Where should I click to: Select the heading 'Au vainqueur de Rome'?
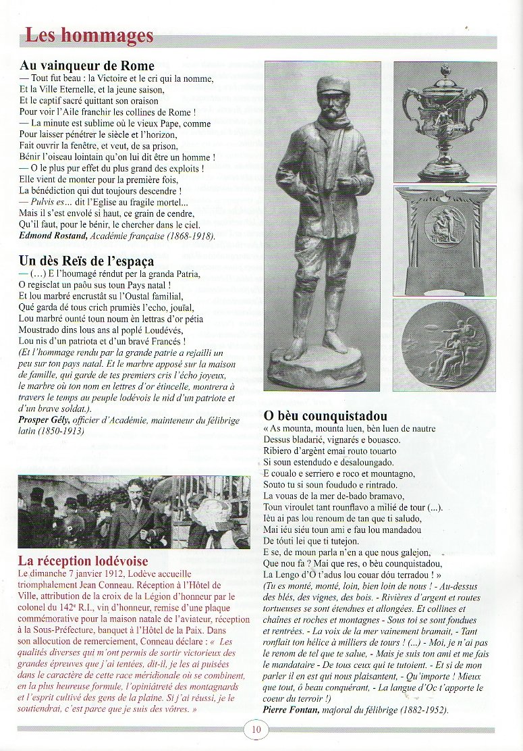click(87, 66)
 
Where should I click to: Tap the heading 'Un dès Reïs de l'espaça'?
click(86, 261)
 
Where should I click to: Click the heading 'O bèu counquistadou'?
click(325, 416)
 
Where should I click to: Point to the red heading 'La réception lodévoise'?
click(83, 561)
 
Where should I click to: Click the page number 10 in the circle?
click(256, 729)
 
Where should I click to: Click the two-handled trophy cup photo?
click(445, 122)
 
